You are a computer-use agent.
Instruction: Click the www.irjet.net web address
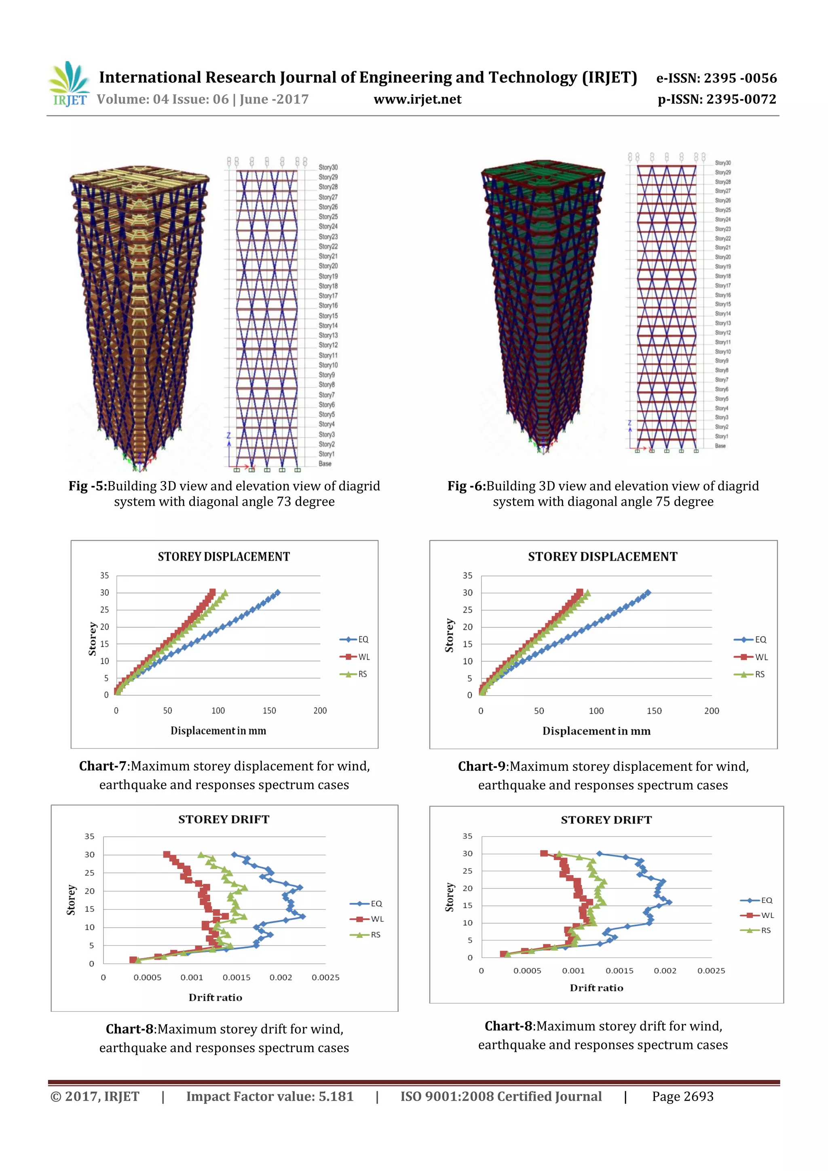point(417,99)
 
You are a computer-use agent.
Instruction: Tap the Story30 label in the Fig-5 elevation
point(328,167)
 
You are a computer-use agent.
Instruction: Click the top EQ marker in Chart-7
point(277,593)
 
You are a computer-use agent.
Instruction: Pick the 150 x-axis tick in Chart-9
point(654,711)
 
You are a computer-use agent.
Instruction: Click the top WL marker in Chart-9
point(579,592)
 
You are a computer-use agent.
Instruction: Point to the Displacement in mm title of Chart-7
point(218,731)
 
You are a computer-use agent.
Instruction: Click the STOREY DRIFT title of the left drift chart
point(224,820)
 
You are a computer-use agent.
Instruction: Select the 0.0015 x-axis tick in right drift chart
point(619,971)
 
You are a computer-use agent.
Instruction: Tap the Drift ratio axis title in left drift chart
point(215,998)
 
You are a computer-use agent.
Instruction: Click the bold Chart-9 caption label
point(481,766)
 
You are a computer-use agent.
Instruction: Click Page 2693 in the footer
point(682,1097)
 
